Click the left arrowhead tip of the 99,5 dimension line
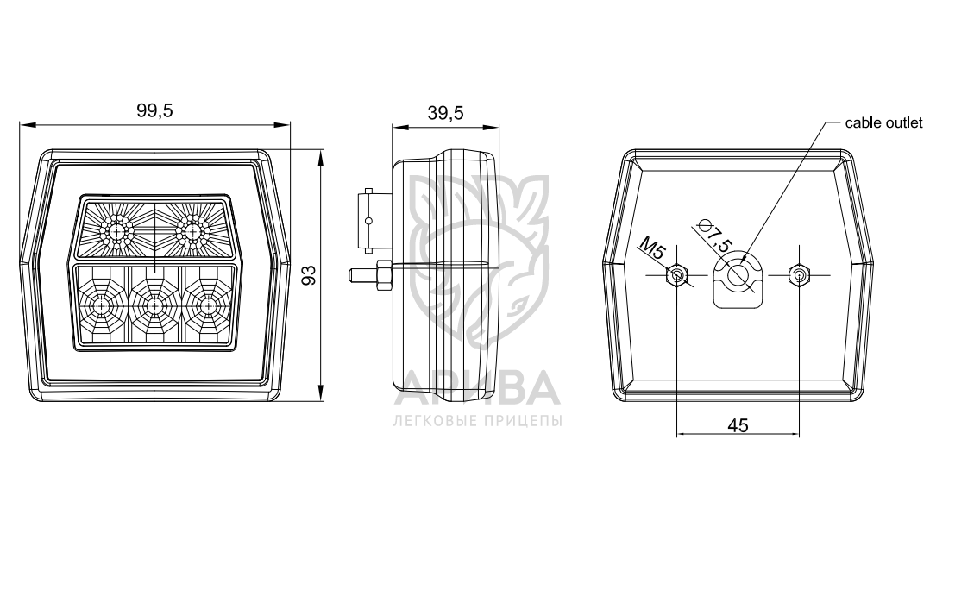coord(20,125)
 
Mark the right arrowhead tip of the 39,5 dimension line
coord(499,128)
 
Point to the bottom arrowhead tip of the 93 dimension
coord(320,400)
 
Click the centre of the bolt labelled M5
coord(676,275)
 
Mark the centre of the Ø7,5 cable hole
coord(738,274)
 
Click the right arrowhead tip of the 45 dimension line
coord(799,434)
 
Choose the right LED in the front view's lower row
coord(208,305)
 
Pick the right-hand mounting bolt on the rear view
coord(799,275)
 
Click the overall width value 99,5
coord(154,111)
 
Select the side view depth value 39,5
coord(445,113)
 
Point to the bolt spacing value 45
coord(738,425)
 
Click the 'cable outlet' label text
coord(883,123)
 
